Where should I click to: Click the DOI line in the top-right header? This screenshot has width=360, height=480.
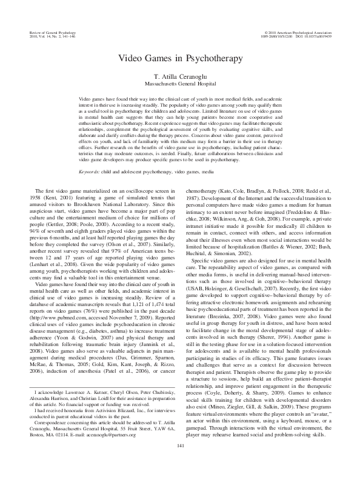(310, 35)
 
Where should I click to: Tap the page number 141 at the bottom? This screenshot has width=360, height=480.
(180, 463)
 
